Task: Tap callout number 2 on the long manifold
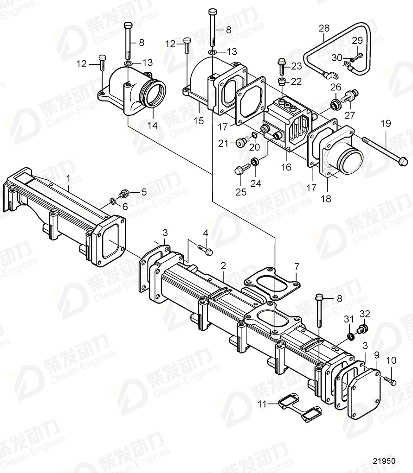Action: [223, 265]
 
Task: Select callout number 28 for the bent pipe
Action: [324, 29]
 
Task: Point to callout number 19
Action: [386, 123]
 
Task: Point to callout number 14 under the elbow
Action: [152, 125]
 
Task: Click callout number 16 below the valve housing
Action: [286, 167]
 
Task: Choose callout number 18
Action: [326, 199]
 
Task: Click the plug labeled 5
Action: [124, 192]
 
